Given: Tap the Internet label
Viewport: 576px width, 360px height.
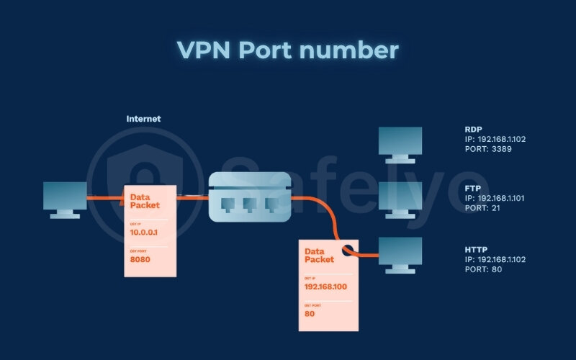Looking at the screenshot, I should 143,119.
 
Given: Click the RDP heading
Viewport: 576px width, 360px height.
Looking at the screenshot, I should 473,130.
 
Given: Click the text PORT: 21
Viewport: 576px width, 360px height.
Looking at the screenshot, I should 485,208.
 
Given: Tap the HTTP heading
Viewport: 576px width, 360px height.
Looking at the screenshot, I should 476,250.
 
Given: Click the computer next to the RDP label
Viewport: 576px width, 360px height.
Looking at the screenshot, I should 400,141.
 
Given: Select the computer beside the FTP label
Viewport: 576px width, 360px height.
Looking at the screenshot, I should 400,197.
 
